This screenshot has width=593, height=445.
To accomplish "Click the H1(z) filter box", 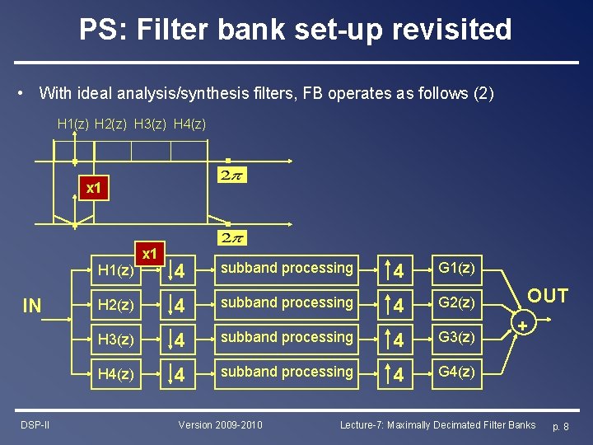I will [114, 270].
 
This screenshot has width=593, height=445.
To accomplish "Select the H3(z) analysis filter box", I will [115, 338].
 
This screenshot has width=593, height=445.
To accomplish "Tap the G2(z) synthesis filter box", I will [456, 303].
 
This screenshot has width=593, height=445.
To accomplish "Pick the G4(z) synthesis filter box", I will [456, 372].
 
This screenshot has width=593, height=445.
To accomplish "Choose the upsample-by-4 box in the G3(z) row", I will [396, 338].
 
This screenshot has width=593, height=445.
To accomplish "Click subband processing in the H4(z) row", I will [287, 372].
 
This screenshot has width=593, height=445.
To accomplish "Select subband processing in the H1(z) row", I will [287, 269].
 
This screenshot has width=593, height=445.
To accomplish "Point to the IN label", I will [32, 307].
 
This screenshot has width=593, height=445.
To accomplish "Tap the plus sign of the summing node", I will [521, 327].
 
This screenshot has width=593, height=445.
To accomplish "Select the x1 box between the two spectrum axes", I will [94, 188].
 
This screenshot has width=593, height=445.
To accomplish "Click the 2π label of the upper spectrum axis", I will [233, 175].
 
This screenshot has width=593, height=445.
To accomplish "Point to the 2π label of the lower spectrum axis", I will [233, 237].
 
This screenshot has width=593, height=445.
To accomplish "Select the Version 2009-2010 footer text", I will [221, 424].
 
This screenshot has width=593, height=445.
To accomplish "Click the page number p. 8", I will [560, 426].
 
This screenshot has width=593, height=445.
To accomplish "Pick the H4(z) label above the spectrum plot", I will [190, 124].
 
